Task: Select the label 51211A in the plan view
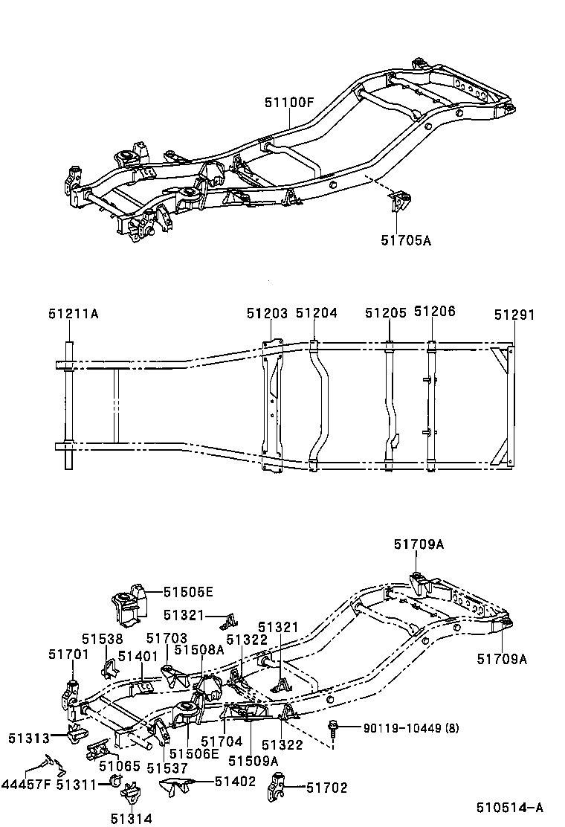tap(73, 315)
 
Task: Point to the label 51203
tap(267, 314)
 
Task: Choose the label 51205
tap(385, 314)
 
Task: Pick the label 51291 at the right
tap(514, 315)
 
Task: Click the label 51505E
tap(189, 592)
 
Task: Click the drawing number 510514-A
tap(510, 808)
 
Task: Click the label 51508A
tap(198, 649)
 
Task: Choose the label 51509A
tap(253, 760)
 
